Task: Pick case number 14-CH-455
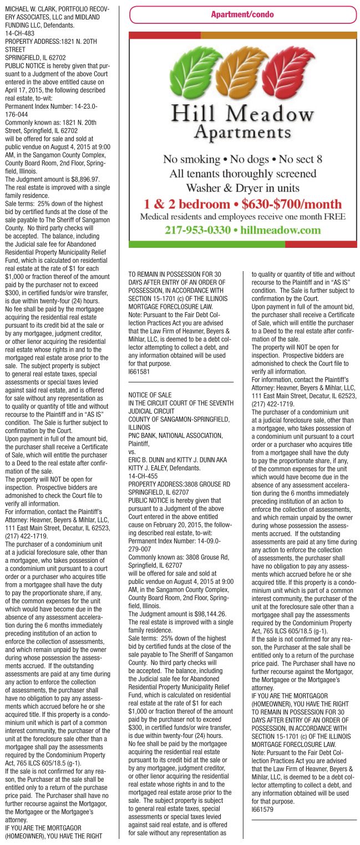142,460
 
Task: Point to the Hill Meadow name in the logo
242,114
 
